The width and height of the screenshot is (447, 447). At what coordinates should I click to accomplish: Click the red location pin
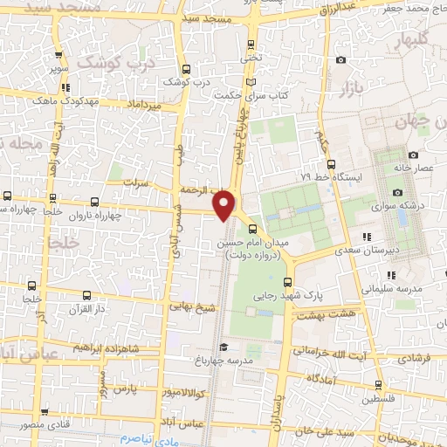225,204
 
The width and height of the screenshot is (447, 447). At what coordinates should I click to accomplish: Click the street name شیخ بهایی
192,308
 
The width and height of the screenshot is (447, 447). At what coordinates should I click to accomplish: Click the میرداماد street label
144,105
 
